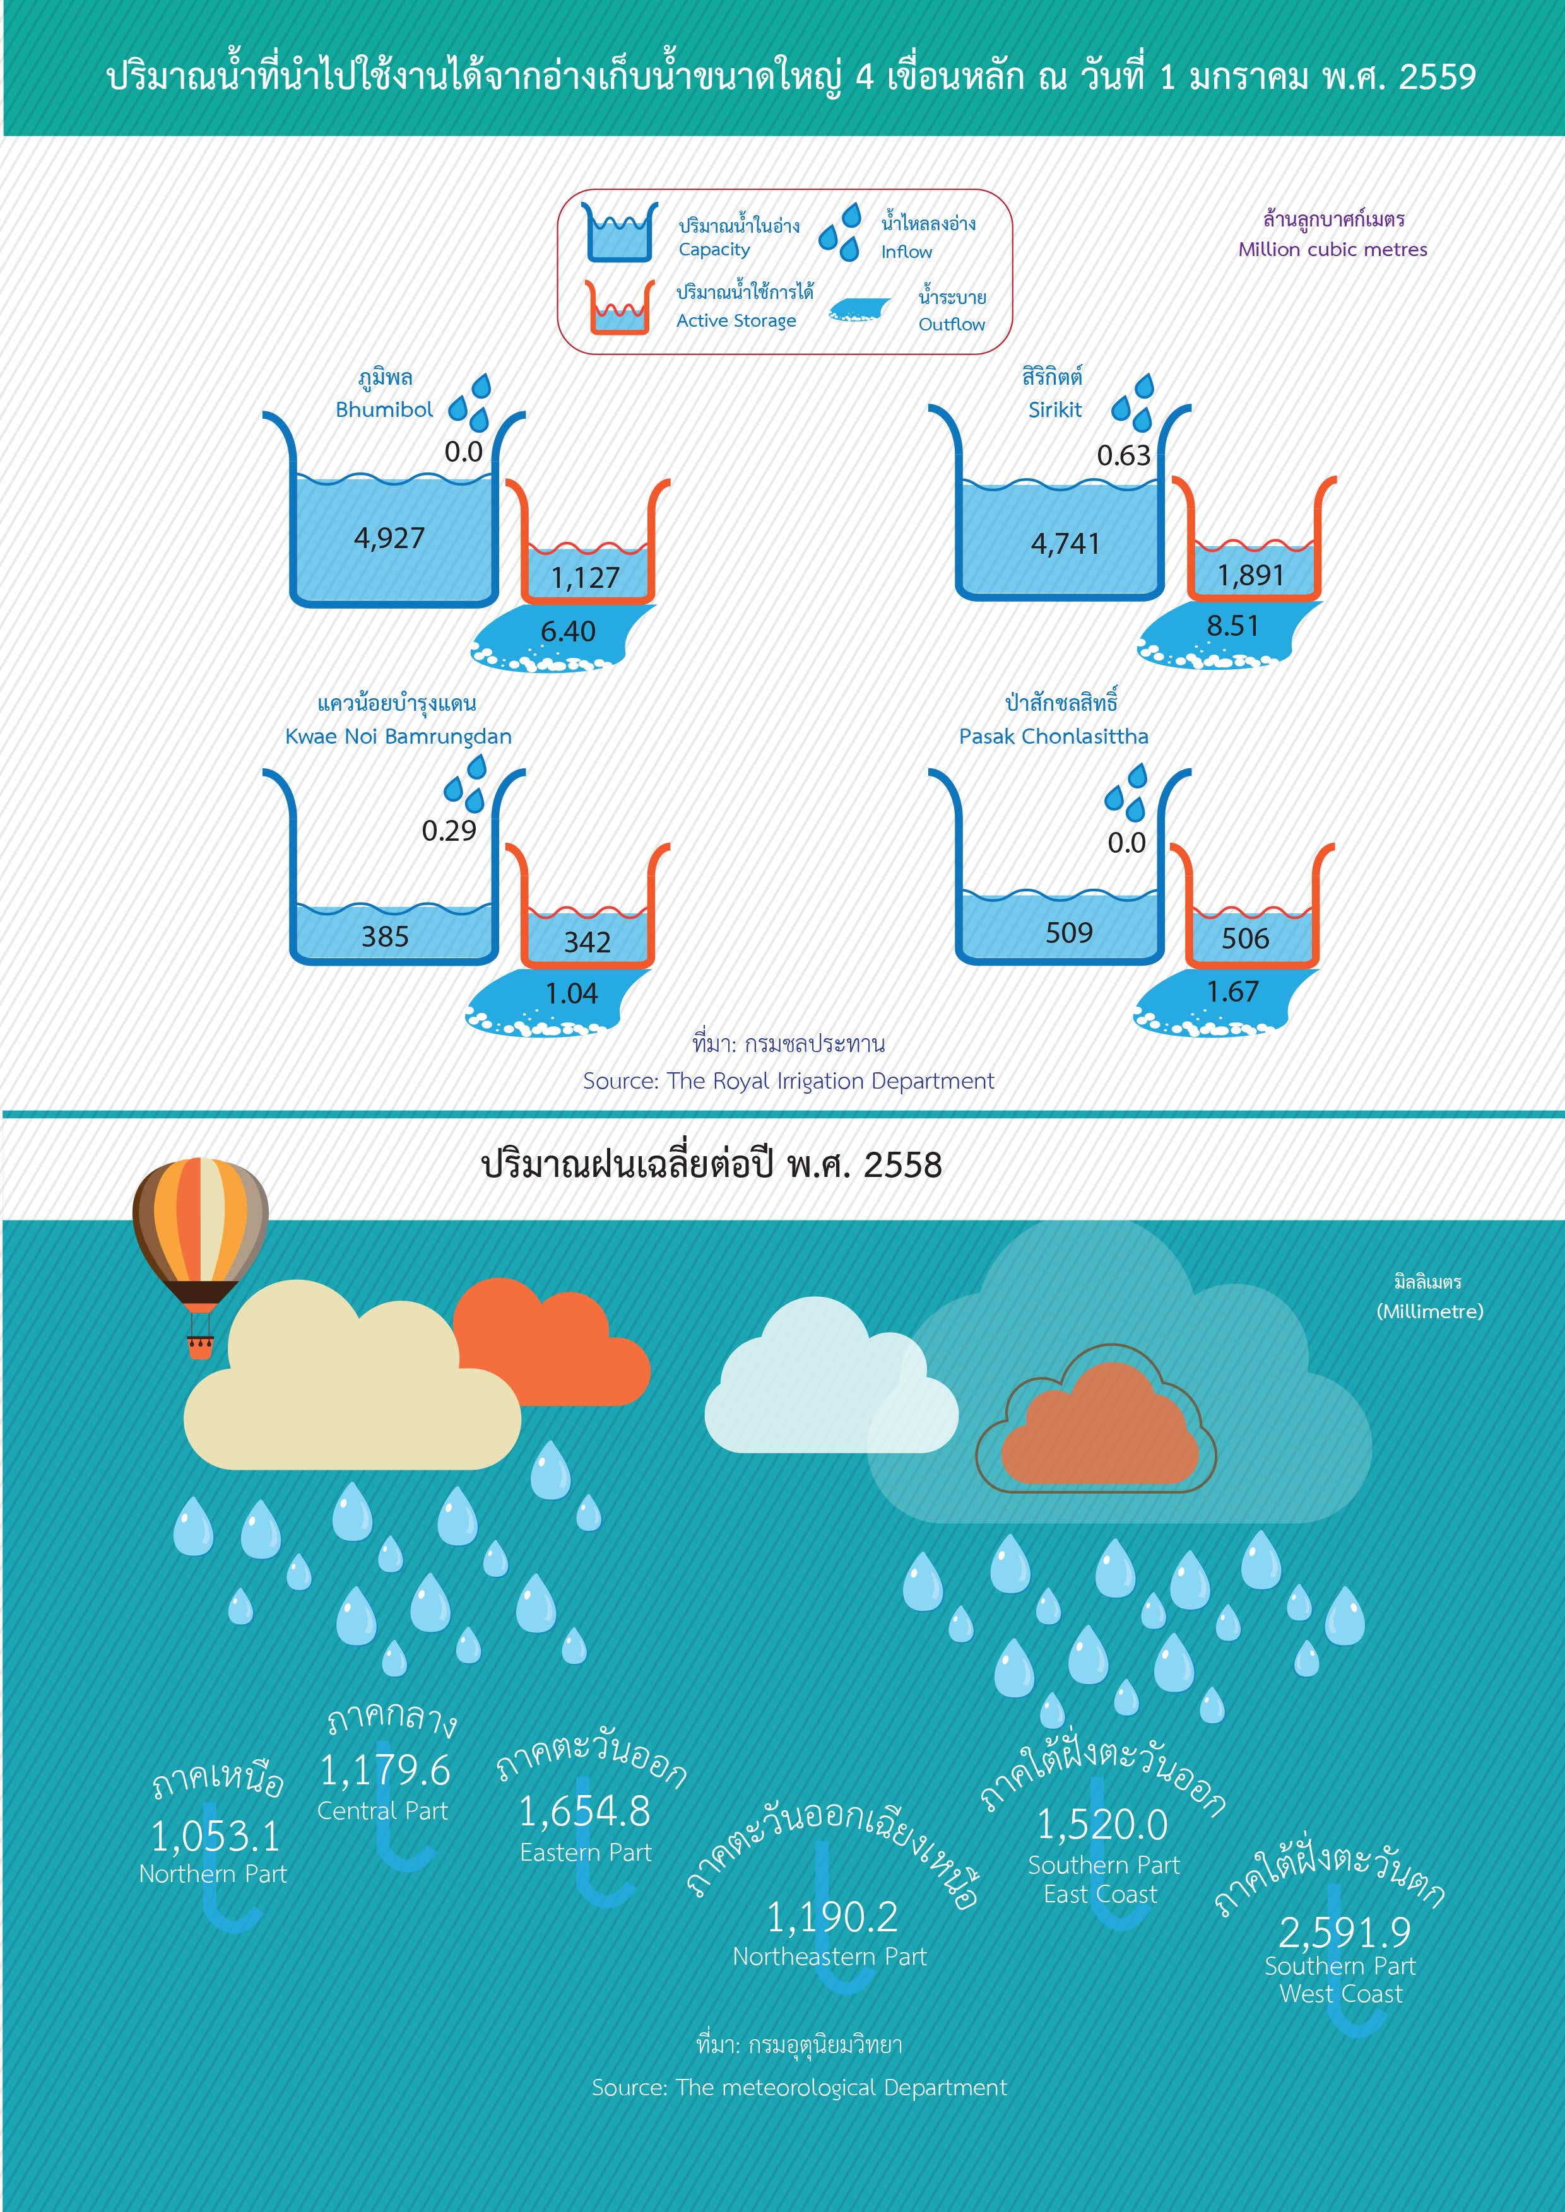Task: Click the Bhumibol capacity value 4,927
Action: click(x=389, y=537)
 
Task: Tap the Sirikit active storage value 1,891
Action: click(x=1250, y=575)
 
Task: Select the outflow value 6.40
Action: click(x=567, y=631)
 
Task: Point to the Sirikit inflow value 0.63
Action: click(x=1124, y=455)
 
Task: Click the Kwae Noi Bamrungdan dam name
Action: click(x=398, y=736)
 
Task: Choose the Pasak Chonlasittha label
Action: click(x=1053, y=736)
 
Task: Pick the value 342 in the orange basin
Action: click(x=587, y=941)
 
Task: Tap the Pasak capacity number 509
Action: click(x=1069, y=933)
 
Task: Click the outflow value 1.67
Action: click(x=1232, y=992)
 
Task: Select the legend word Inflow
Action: click(x=906, y=252)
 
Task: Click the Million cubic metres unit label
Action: click(x=1333, y=250)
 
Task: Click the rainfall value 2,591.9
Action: click(x=1344, y=1932)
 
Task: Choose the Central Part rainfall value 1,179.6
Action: click(x=384, y=1770)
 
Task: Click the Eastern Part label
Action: click(x=585, y=1852)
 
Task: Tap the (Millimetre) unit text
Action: click(x=1429, y=1311)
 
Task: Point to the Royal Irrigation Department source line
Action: click(x=788, y=1081)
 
